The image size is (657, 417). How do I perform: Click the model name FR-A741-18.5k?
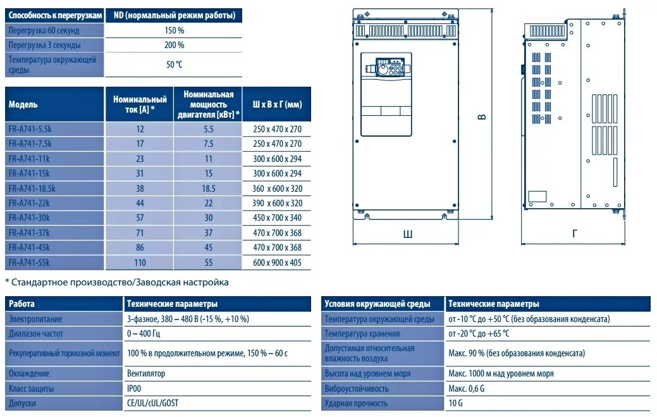coord(32,188)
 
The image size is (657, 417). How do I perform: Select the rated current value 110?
coord(140,263)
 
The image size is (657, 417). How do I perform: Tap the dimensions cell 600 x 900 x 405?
coord(277,263)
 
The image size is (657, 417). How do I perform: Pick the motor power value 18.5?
coord(208,189)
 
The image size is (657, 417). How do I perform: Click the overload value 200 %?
coord(174,46)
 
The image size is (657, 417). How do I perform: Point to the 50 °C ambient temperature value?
coord(174,65)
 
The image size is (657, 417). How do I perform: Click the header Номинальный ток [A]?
coord(140,104)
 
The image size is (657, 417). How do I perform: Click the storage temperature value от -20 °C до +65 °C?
coord(479,333)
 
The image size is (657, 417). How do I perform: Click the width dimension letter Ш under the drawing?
coord(408,233)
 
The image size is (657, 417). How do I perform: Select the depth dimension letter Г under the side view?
coord(574,233)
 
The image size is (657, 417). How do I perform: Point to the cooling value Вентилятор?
coord(146,373)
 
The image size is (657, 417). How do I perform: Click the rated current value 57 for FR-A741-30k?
coord(140,218)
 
